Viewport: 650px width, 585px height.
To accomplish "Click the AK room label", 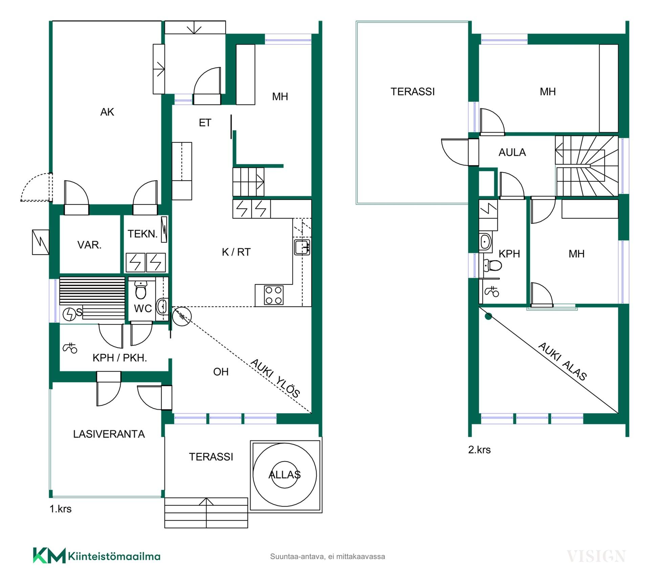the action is point(107,112).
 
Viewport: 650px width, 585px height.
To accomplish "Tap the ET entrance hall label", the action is point(205,123).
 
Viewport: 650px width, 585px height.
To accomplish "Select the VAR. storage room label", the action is point(89,245).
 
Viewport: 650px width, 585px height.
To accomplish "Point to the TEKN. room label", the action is point(143,234).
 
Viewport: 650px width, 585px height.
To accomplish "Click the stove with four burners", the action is point(274,295).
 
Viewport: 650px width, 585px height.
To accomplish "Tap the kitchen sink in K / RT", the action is point(302,247).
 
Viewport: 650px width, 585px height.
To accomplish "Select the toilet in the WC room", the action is point(140,290).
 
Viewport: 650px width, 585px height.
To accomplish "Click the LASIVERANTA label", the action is point(109,434).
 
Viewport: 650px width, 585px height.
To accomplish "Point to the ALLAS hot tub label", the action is point(284,475).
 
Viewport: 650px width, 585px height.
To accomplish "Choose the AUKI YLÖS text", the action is point(275,378).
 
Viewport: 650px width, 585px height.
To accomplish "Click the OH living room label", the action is point(221,372).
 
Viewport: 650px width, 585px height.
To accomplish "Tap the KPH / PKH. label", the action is point(120,358).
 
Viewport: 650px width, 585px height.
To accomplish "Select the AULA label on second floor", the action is point(512,153).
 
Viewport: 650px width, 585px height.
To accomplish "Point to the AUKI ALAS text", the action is point(563,361).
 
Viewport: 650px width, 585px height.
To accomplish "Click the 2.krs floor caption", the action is point(479,450).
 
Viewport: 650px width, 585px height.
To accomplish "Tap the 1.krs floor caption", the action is point(61,509).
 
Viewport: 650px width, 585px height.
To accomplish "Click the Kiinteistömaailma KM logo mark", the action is point(49,556).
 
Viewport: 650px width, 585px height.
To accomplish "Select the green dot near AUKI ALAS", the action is point(488,317).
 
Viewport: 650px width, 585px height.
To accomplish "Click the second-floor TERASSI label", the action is point(413,92).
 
